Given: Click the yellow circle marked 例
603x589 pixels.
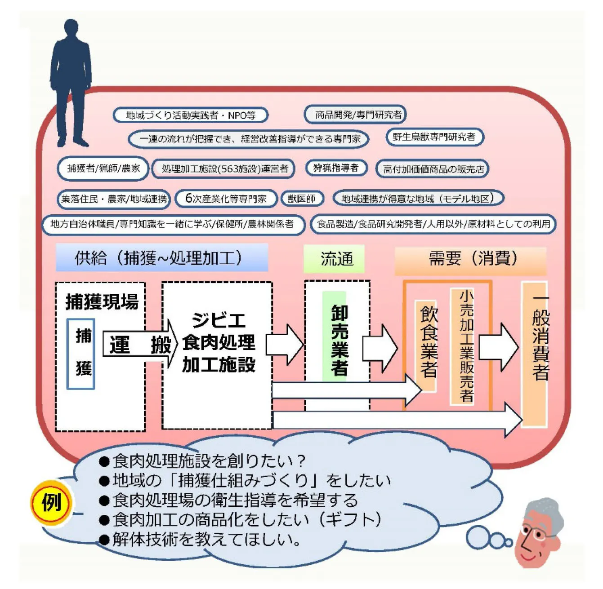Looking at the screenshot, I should pyautogui.click(x=51, y=502).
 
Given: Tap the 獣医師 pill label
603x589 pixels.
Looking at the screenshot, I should pyautogui.click(x=302, y=199).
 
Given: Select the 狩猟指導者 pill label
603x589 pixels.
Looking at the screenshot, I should pyautogui.click(x=336, y=168).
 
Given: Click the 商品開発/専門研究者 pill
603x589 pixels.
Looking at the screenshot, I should pyautogui.click(x=355, y=115).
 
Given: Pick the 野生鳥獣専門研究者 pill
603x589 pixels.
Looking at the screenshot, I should pyautogui.click(x=434, y=137).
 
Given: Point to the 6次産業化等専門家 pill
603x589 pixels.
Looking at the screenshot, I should pyautogui.click(x=226, y=199).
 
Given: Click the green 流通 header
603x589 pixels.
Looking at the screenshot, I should pyautogui.click(x=334, y=259).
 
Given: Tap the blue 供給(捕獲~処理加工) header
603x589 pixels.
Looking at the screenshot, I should pyautogui.click(x=161, y=258).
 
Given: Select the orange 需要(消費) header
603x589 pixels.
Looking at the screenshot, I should pyautogui.click(x=470, y=259).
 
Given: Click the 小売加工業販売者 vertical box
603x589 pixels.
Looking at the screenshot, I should pyautogui.click(x=464, y=346).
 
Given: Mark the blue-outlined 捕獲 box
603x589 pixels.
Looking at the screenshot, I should pyautogui.click(x=81, y=353).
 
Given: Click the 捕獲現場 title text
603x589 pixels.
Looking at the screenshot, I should pyautogui.click(x=102, y=301).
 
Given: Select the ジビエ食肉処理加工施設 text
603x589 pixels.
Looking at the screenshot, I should pyautogui.click(x=218, y=342).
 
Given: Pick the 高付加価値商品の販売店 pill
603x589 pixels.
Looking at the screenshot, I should pyautogui.click(x=433, y=169).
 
